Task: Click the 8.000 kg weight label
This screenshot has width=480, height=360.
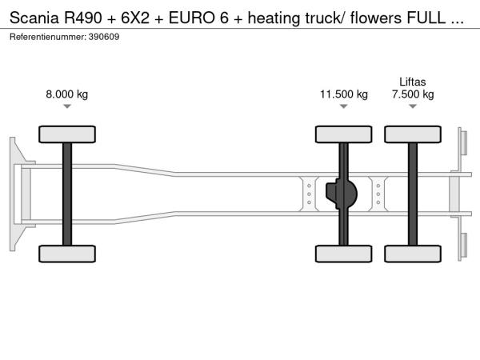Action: point(67,94)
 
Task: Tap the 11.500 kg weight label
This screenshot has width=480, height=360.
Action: point(344,94)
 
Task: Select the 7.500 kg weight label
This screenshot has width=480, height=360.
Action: point(413,94)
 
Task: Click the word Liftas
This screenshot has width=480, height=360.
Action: point(413,81)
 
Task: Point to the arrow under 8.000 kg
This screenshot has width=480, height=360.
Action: point(67,106)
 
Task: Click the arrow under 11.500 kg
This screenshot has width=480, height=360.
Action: point(344,106)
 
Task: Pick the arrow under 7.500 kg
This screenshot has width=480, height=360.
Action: point(413,106)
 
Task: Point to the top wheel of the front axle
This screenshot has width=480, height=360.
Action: point(66,134)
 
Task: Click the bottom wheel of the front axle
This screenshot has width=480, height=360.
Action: point(66,254)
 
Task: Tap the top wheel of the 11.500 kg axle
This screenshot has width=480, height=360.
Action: point(343,134)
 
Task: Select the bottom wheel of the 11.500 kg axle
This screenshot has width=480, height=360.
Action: point(343,254)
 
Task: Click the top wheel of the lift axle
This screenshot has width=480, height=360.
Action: point(413,134)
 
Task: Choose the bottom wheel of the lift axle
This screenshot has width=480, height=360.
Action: point(413,254)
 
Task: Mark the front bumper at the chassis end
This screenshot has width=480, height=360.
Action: point(16,194)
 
